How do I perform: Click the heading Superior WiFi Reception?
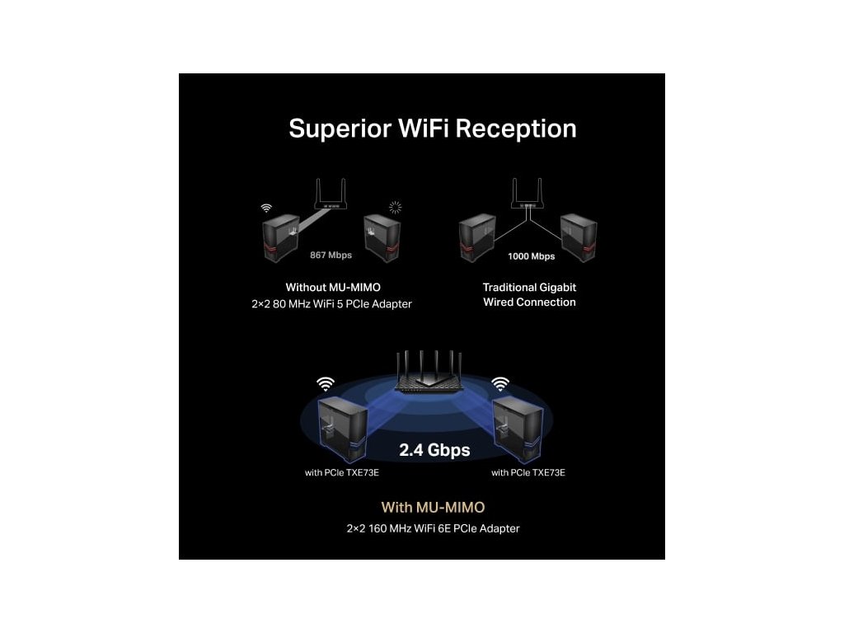pos(432,129)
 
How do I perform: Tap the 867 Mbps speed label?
pos(331,256)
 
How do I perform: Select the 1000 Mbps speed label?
pos(531,256)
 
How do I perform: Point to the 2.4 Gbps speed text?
pos(434,450)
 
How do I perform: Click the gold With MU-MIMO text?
pos(433,508)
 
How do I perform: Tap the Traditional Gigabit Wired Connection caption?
pos(529,295)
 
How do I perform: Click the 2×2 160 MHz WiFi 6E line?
pos(433,528)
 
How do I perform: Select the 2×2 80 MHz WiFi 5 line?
pos(331,304)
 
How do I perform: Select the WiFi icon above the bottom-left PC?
pos(326,383)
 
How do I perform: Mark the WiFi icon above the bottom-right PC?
pos(500,383)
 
